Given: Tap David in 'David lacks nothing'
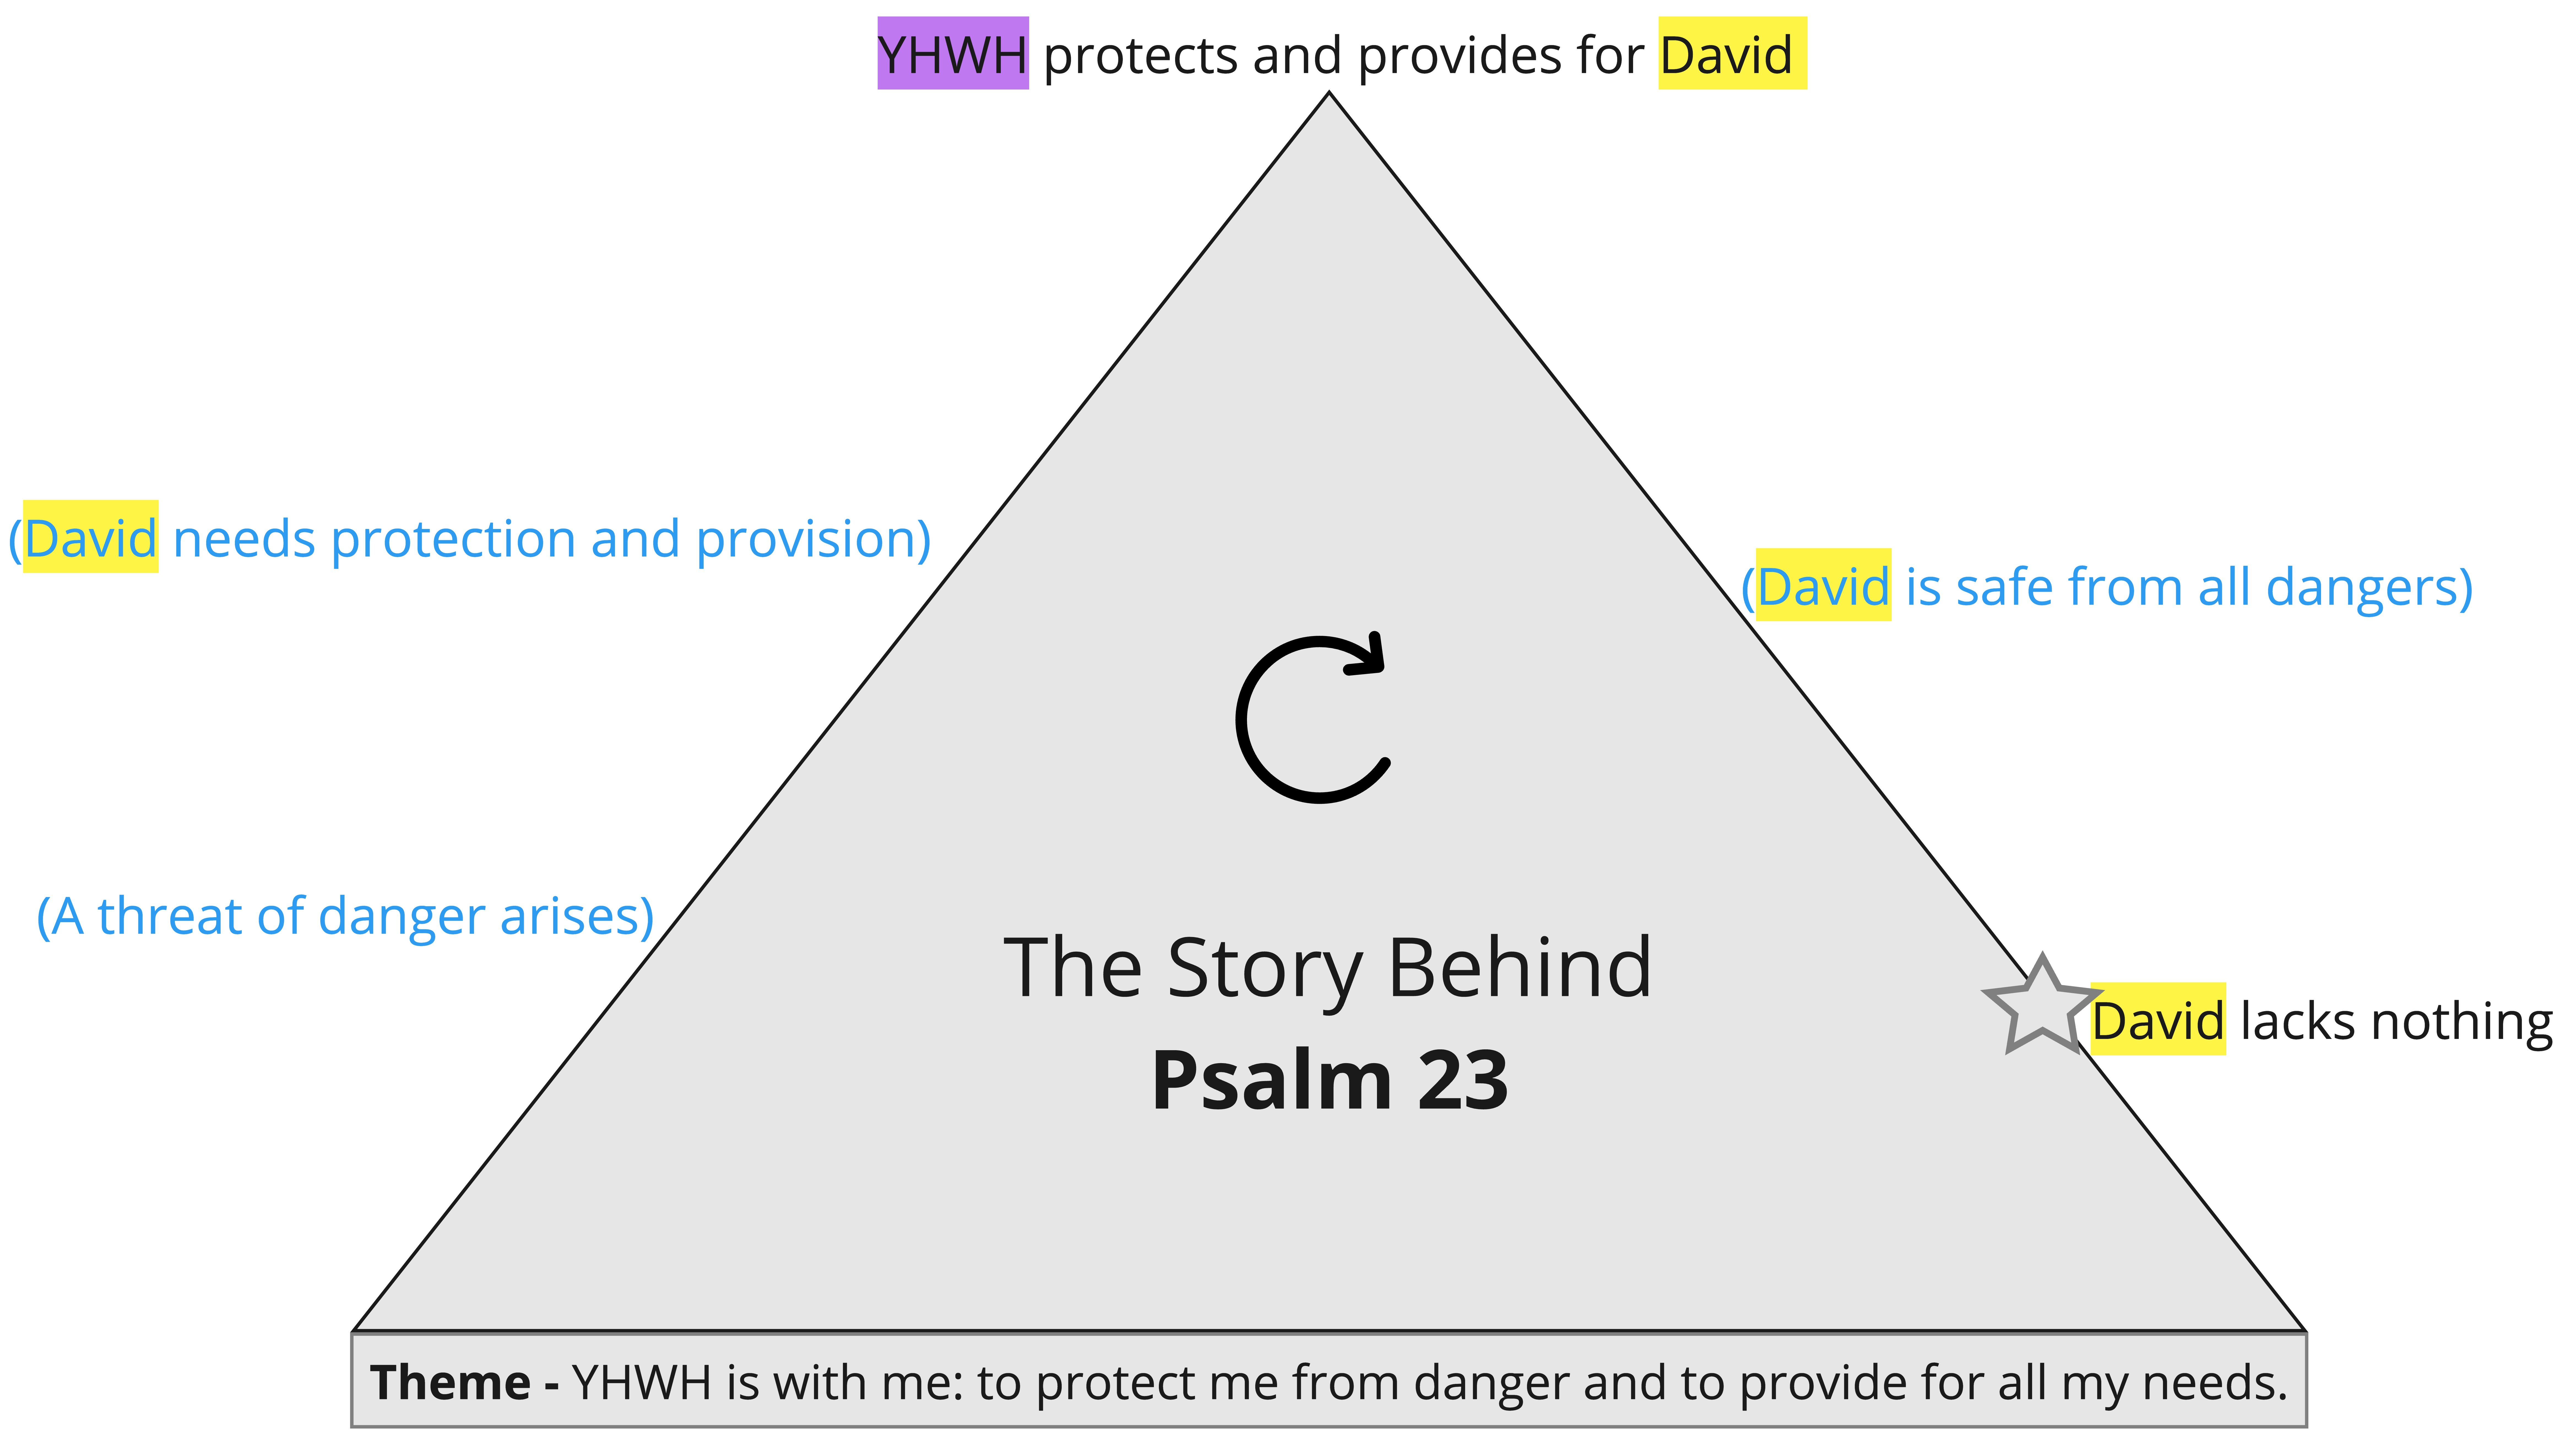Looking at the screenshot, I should (2157, 1021).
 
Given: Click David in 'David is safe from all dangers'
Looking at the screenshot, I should (1822, 586).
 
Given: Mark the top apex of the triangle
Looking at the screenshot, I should (1329, 94).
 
